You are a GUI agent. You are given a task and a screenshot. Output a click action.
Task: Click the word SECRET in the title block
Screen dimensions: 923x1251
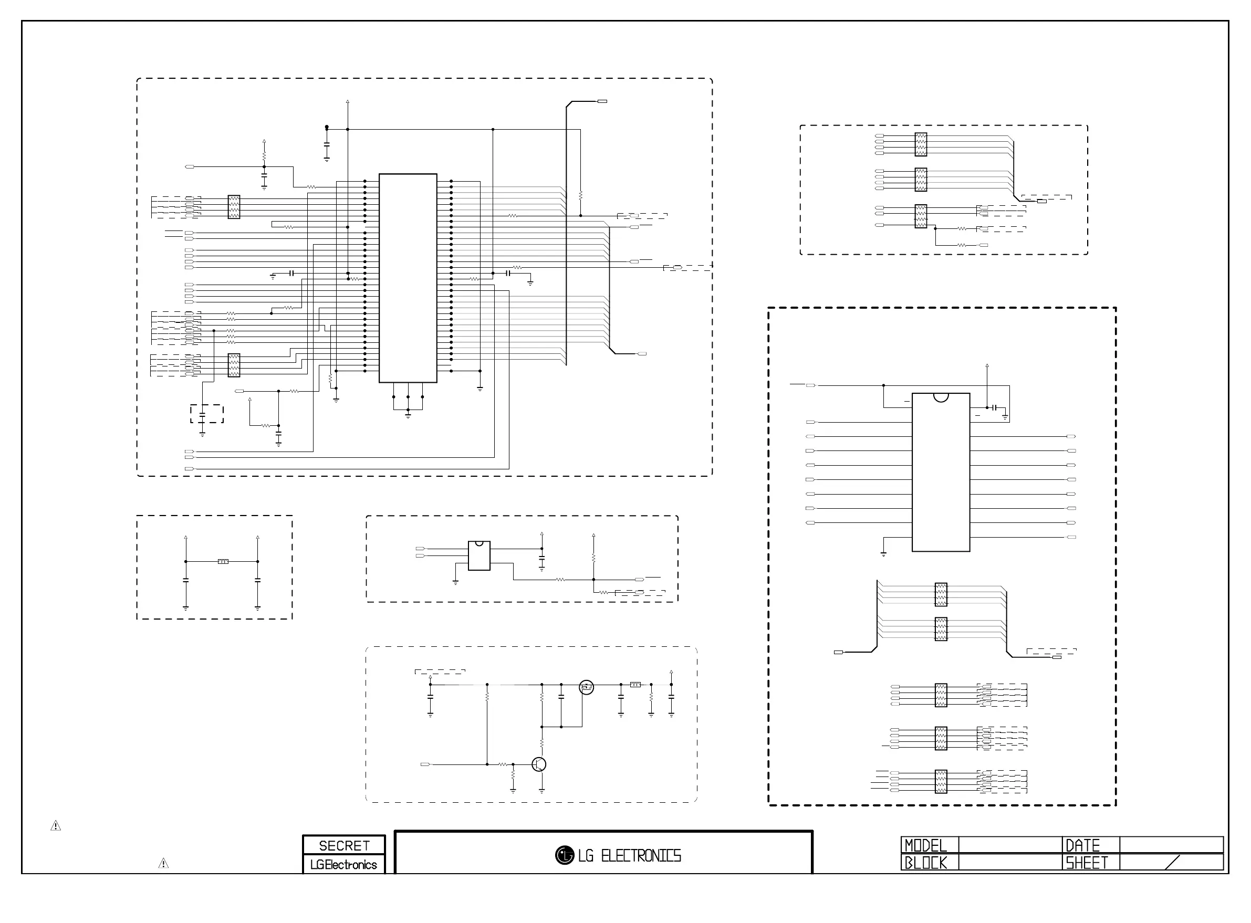(x=344, y=845)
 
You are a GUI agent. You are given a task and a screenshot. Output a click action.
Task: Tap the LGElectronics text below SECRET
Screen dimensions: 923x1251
(x=343, y=864)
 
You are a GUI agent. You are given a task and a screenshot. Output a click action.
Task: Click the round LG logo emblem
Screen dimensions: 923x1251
(x=565, y=855)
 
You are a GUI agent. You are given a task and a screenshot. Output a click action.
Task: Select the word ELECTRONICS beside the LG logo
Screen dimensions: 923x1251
(x=641, y=856)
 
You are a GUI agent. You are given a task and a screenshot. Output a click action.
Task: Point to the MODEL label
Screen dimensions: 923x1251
(x=926, y=845)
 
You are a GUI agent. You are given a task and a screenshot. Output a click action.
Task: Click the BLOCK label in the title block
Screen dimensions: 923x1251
(x=926, y=863)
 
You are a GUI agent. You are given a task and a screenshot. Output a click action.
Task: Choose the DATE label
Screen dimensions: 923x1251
(x=1083, y=845)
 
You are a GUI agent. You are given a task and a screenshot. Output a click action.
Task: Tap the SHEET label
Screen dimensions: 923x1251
(x=1087, y=863)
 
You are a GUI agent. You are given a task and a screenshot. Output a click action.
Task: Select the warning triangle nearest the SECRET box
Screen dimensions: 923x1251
(x=163, y=863)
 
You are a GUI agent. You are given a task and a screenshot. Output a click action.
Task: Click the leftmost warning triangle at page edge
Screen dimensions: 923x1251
(x=56, y=825)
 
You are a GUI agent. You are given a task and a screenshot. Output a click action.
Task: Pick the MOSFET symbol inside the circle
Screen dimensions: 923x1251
(x=586, y=687)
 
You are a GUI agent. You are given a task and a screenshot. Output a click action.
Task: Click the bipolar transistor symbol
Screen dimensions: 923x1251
(x=539, y=764)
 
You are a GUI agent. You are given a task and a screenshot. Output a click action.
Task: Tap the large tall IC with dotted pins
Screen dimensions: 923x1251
(x=408, y=278)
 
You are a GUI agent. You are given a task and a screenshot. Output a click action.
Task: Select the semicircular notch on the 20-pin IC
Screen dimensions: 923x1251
(x=941, y=397)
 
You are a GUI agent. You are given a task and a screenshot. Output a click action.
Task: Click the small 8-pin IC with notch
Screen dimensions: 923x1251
(x=479, y=555)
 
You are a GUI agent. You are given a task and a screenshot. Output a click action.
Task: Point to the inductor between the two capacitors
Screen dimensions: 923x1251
(x=223, y=561)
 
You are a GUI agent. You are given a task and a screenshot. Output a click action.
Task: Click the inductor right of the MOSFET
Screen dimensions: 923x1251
(x=635, y=685)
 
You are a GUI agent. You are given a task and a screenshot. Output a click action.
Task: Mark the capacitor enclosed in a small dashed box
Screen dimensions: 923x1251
(x=202, y=414)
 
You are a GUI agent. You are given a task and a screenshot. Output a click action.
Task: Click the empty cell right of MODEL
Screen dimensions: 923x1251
(x=1009, y=845)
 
